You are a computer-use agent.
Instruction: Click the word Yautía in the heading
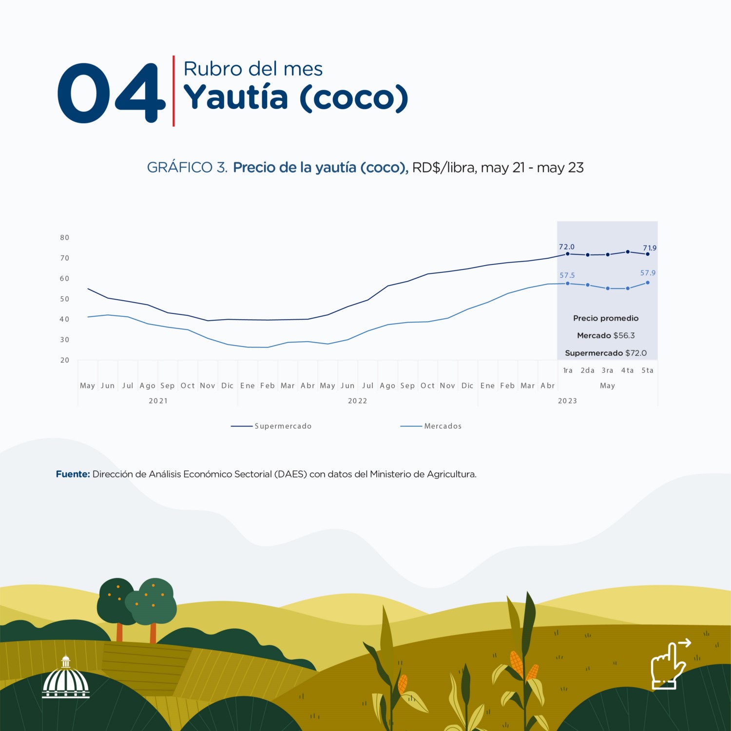[235, 97]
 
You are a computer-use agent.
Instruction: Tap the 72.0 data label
[566, 247]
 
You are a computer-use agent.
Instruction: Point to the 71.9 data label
[649, 248]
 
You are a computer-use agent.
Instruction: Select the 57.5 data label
[567, 275]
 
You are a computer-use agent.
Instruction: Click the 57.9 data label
[648, 273]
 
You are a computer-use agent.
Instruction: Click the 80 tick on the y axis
[65, 238]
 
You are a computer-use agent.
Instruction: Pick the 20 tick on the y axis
[65, 360]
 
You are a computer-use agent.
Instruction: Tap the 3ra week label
[607, 370]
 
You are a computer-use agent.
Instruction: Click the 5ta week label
[647, 370]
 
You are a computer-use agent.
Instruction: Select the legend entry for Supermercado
[271, 426]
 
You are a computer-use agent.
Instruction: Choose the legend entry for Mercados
[431, 426]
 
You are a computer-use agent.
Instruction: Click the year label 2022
[357, 401]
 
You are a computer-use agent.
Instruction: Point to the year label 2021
[158, 401]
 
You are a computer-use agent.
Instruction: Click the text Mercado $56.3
[606, 335]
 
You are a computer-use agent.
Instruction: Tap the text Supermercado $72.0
[606, 353]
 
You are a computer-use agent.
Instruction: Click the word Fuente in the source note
[73, 474]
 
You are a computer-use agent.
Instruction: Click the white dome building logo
[66, 678]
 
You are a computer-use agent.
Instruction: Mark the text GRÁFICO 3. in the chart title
[187, 168]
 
